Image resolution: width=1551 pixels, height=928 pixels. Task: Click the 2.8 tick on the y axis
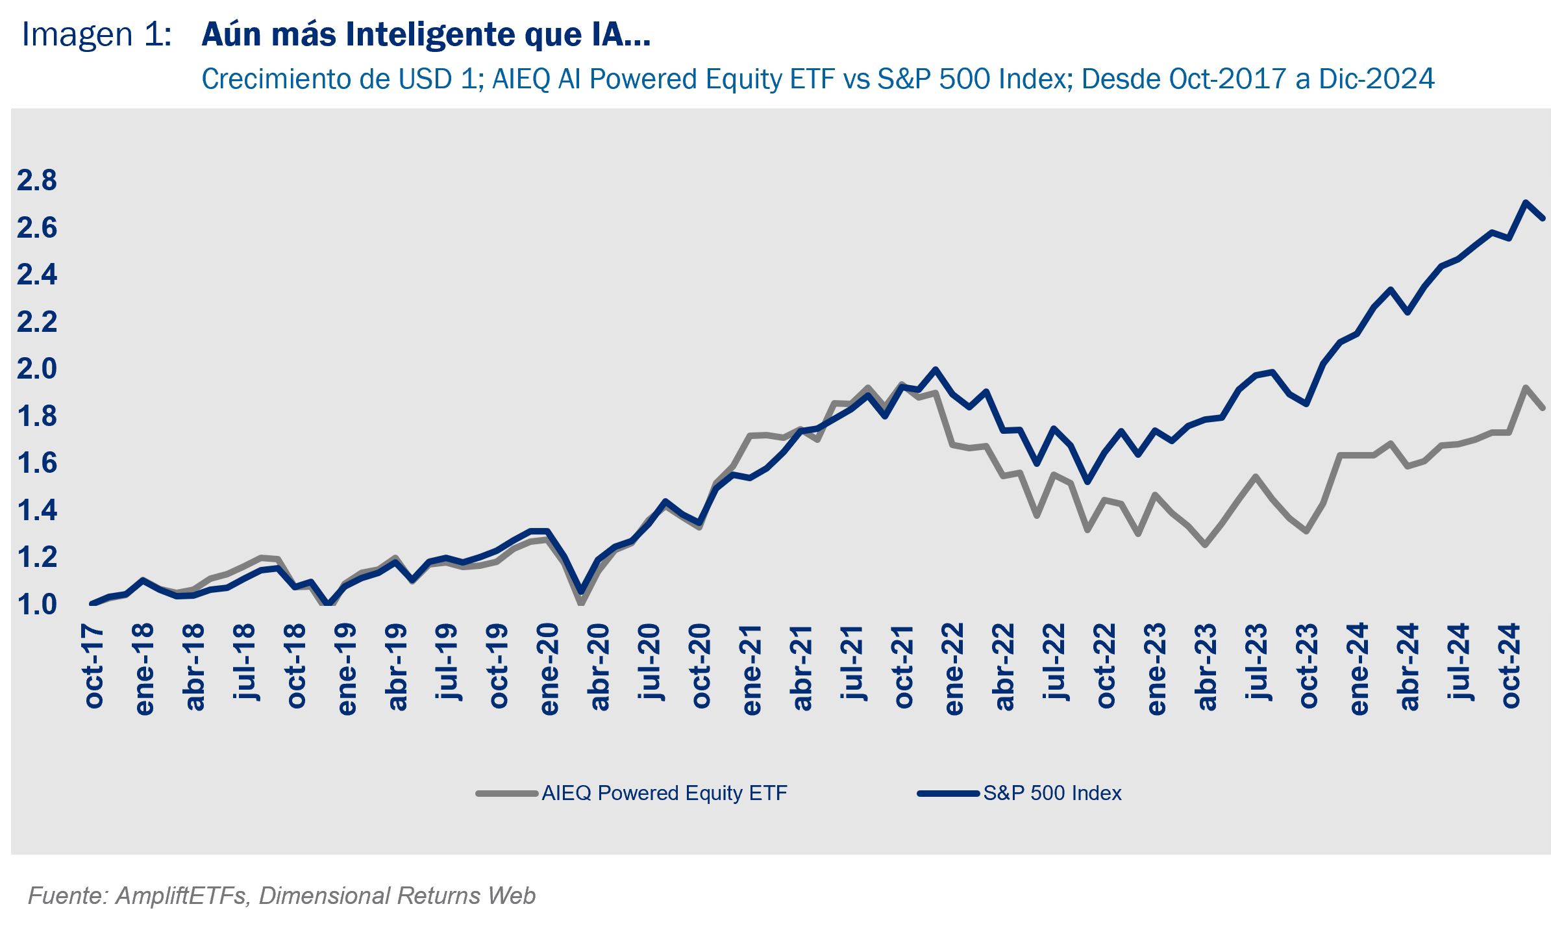[x=37, y=181]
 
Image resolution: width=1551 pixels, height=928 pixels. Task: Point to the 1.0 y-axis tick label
[x=37, y=605]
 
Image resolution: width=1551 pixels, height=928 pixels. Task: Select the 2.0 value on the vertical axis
[x=37, y=369]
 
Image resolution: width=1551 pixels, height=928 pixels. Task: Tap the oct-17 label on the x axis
[x=93, y=666]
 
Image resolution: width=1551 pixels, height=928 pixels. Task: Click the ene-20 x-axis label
[x=549, y=670]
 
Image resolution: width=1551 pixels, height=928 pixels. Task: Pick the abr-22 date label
[x=1004, y=668]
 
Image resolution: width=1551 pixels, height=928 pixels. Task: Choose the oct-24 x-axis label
[x=1510, y=666]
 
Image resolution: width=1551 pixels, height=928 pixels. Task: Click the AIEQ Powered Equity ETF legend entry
[x=664, y=793]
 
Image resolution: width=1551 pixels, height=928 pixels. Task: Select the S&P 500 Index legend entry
[x=1052, y=793]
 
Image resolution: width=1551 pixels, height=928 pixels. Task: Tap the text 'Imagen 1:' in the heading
[x=97, y=35]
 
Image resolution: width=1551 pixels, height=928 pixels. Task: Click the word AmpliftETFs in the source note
[x=181, y=896]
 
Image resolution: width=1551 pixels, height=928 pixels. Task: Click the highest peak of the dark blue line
[x=1525, y=202]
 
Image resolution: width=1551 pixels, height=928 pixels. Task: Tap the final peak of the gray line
[x=1525, y=387]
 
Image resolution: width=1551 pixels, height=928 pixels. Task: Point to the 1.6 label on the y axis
[x=37, y=463]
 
